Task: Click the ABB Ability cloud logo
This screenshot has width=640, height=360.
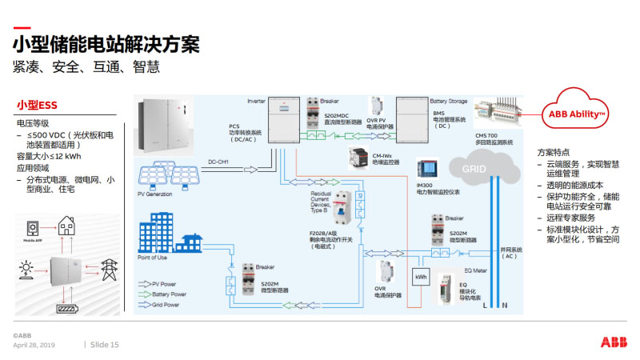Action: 577,114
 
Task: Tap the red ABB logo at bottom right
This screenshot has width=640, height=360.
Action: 613,342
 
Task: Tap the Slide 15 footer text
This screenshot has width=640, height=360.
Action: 104,345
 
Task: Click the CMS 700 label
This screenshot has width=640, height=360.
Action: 488,137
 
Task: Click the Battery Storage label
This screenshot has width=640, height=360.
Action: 448,102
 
